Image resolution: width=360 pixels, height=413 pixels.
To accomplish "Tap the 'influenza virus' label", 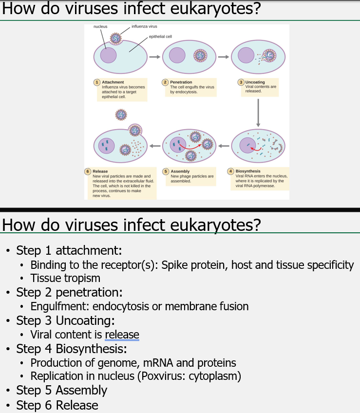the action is pos(144,26).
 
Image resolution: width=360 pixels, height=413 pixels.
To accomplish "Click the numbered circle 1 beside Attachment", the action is pos(97,82).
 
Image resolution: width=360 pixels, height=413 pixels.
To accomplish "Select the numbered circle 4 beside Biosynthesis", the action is pos(231,171).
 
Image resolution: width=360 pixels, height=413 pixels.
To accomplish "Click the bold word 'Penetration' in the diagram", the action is pos(181,82).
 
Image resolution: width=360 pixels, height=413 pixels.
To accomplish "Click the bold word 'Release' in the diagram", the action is pos(100,171).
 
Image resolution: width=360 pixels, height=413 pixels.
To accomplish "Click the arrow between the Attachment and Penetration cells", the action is pos(154,56).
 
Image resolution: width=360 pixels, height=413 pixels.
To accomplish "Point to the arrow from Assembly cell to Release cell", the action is pos(155,145).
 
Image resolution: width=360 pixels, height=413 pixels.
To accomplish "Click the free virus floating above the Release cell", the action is pos(121,114).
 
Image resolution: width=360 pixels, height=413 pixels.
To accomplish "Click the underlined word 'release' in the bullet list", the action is pos(122,335).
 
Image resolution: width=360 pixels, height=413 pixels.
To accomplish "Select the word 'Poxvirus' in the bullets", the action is pos(170,376).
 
